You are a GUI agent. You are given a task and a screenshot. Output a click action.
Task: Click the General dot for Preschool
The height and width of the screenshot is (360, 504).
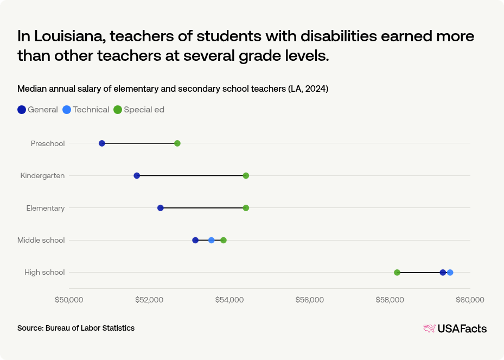point(102,143)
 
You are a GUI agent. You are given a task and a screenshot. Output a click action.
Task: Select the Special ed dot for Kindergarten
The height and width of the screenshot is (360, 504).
point(246,175)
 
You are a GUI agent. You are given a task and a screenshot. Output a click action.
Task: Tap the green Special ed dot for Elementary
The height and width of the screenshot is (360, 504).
point(246,208)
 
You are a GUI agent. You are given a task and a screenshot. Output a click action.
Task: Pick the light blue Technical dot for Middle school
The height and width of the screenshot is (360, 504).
point(212,240)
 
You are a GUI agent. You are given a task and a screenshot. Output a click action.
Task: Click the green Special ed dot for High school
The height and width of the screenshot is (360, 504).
point(397,273)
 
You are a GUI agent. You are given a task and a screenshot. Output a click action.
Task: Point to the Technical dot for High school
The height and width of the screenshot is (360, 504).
point(450,273)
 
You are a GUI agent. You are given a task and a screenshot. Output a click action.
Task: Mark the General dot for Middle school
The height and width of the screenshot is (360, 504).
point(195,240)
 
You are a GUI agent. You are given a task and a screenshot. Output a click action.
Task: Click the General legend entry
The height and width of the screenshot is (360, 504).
point(37,110)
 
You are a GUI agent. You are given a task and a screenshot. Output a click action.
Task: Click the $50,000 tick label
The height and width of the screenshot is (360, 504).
point(69,300)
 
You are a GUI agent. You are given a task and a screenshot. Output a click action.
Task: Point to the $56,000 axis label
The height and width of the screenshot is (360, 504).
point(310,300)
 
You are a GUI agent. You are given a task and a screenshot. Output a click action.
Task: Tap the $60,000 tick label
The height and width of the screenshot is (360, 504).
point(470,300)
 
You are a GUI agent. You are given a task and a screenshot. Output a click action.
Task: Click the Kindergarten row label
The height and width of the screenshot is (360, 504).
point(42,175)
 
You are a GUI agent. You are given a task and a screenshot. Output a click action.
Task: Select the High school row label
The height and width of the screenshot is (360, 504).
point(44,273)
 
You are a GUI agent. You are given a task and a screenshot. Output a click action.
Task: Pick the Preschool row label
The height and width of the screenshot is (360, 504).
point(48,143)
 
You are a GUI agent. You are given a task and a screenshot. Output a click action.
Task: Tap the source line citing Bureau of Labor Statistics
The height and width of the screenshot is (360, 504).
point(76,328)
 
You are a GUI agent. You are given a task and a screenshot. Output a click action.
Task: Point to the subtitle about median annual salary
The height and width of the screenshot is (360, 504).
point(173,89)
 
